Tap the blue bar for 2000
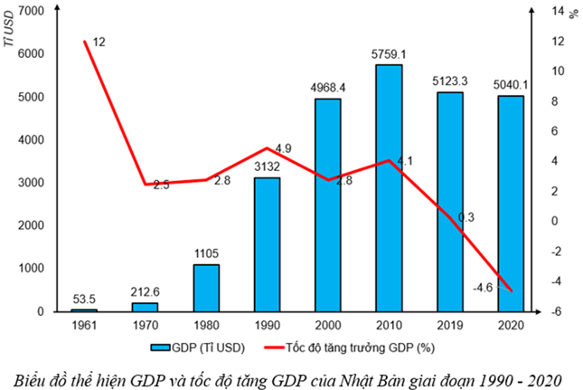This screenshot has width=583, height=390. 327,205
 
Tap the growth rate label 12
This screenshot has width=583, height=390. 99,42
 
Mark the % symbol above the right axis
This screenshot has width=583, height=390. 571,13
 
